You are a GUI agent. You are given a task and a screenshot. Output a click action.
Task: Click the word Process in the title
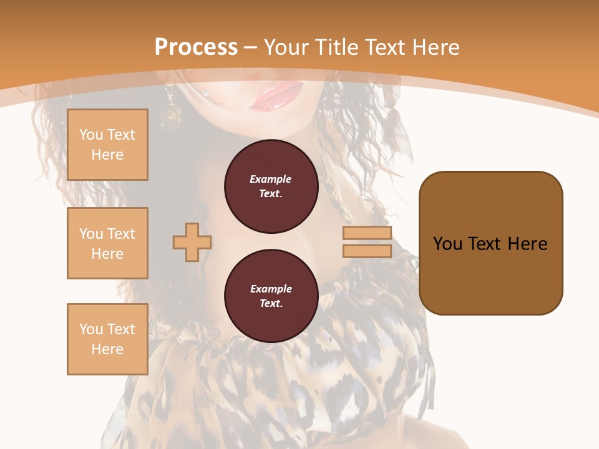point(196,47)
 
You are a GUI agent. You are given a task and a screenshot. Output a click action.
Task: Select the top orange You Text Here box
point(107,145)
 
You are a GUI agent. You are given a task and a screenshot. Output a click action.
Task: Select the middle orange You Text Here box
point(107,243)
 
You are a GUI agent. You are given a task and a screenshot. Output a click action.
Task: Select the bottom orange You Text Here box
point(107,339)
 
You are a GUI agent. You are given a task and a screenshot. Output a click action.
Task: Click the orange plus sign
point(192,242)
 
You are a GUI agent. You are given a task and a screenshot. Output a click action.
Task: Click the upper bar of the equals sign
point(368,233)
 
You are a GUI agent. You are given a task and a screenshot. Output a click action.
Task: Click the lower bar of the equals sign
point(368,251)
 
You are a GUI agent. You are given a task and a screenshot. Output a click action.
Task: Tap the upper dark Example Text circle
point(271,186)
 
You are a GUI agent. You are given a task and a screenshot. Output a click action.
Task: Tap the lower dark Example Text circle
point(271,296)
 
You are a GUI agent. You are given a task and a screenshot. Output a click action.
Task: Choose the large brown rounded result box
point(490,243)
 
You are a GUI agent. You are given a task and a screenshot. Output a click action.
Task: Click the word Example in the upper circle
point(271,179)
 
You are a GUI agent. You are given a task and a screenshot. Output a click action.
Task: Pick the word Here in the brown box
point(527,244)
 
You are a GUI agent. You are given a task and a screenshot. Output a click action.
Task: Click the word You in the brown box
point(447,244)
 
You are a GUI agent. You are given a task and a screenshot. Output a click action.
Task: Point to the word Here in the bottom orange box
point(107,349)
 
